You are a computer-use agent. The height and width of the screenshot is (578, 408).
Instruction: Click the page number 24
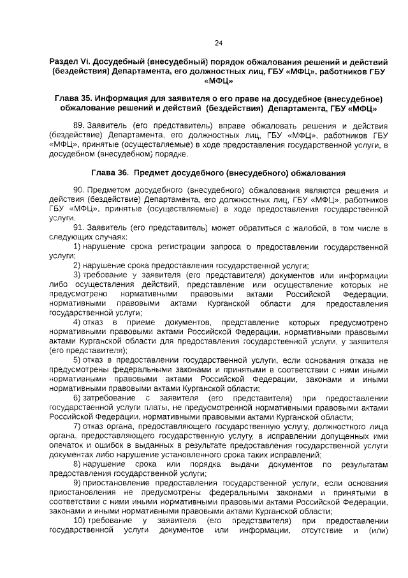(219, 43)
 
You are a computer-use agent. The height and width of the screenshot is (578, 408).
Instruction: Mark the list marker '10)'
(78, 521)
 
